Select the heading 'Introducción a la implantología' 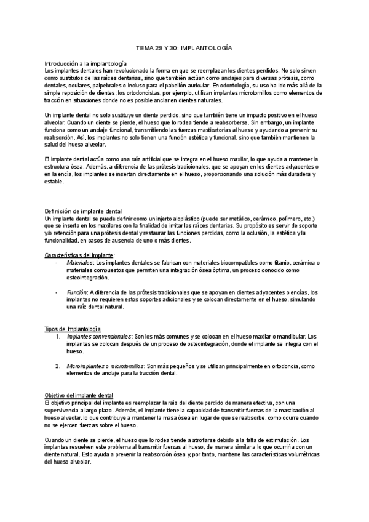(85, 64)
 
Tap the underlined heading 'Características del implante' (79, 255)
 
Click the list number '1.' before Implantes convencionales (58, 337)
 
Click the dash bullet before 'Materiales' (57, 263)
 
